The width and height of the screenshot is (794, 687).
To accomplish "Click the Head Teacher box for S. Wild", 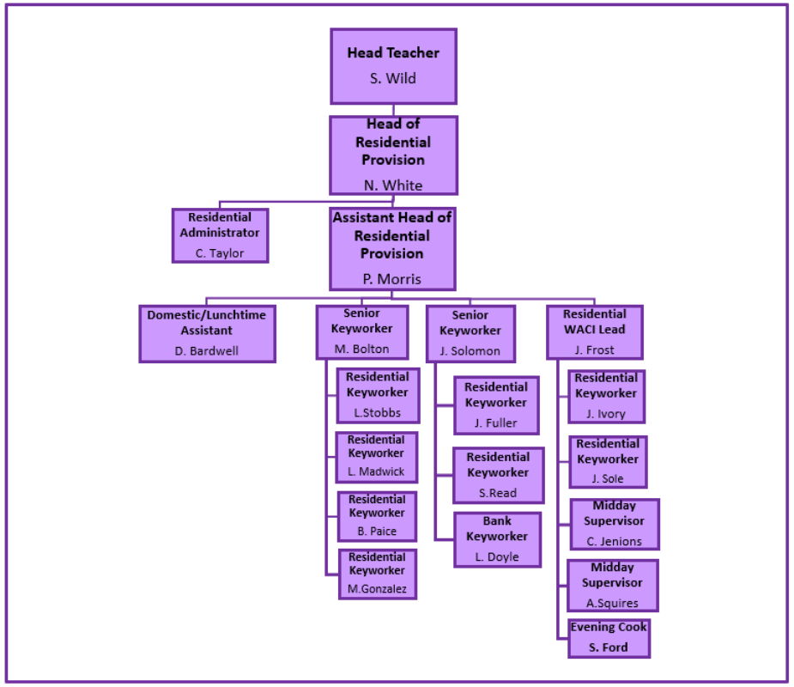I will [393, 66].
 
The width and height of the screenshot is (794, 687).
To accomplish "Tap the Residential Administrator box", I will [220, 235].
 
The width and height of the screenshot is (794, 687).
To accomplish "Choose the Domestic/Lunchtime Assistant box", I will [207, 333].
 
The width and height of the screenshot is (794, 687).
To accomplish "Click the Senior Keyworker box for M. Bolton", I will [361, 331].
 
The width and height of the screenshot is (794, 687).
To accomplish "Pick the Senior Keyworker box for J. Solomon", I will [470, 333].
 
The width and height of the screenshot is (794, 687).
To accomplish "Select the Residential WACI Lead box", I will [595, 331].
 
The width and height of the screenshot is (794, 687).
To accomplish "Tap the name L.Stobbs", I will [378, 413].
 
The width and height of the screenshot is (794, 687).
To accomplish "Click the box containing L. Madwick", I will [376, 457].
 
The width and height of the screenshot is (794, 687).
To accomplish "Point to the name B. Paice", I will [377, 531].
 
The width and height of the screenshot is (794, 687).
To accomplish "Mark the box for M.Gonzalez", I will [377, 574].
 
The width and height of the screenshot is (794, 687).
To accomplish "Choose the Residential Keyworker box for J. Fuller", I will [496, 404].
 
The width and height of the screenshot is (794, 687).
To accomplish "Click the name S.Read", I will [498, 494].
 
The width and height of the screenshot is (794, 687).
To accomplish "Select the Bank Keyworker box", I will [498, 539].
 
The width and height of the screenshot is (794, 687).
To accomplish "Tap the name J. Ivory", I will [606, 414].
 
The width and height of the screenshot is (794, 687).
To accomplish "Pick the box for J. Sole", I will [607, 462].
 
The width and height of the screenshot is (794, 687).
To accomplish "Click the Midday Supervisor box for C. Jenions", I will [615, 524].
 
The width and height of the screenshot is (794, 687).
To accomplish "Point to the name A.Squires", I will [612, 603].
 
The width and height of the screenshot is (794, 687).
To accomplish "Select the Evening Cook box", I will [609, 638].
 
